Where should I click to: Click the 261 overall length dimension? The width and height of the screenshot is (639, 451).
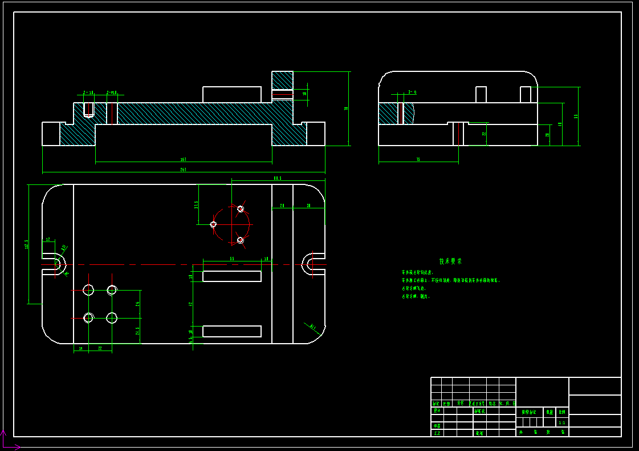click(183, 170)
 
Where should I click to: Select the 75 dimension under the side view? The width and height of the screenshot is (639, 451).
click(418, 160)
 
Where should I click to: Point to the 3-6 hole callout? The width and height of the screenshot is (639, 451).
click(412, 92)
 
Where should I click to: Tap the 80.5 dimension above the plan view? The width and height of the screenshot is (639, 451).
click(278, 179)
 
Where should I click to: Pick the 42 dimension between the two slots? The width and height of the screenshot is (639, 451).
click(192, 304)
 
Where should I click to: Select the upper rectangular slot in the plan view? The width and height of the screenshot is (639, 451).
click(232, 276)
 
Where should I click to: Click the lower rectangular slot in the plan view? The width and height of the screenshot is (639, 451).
click(232, 331)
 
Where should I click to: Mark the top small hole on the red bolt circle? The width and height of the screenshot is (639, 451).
click(241, 209)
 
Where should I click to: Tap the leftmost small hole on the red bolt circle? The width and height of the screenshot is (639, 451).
click(214, 224)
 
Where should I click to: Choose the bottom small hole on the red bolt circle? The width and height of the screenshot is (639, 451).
click(241, 240)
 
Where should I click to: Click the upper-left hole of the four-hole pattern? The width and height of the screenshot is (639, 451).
click(88, 290)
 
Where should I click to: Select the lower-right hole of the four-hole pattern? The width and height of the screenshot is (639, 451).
click(112, 317)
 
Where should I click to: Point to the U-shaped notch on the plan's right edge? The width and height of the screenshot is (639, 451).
click(308, 263)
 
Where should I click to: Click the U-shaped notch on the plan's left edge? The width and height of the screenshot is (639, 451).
click(59, 264)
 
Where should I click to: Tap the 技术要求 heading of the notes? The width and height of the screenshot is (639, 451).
click(450, 261)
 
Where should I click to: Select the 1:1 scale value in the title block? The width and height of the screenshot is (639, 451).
click(562, 423)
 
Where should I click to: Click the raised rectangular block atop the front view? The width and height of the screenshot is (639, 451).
click(232, 94)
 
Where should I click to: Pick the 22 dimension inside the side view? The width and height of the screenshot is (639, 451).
click(484, 134)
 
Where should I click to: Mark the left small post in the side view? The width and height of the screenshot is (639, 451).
click(481, 94)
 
